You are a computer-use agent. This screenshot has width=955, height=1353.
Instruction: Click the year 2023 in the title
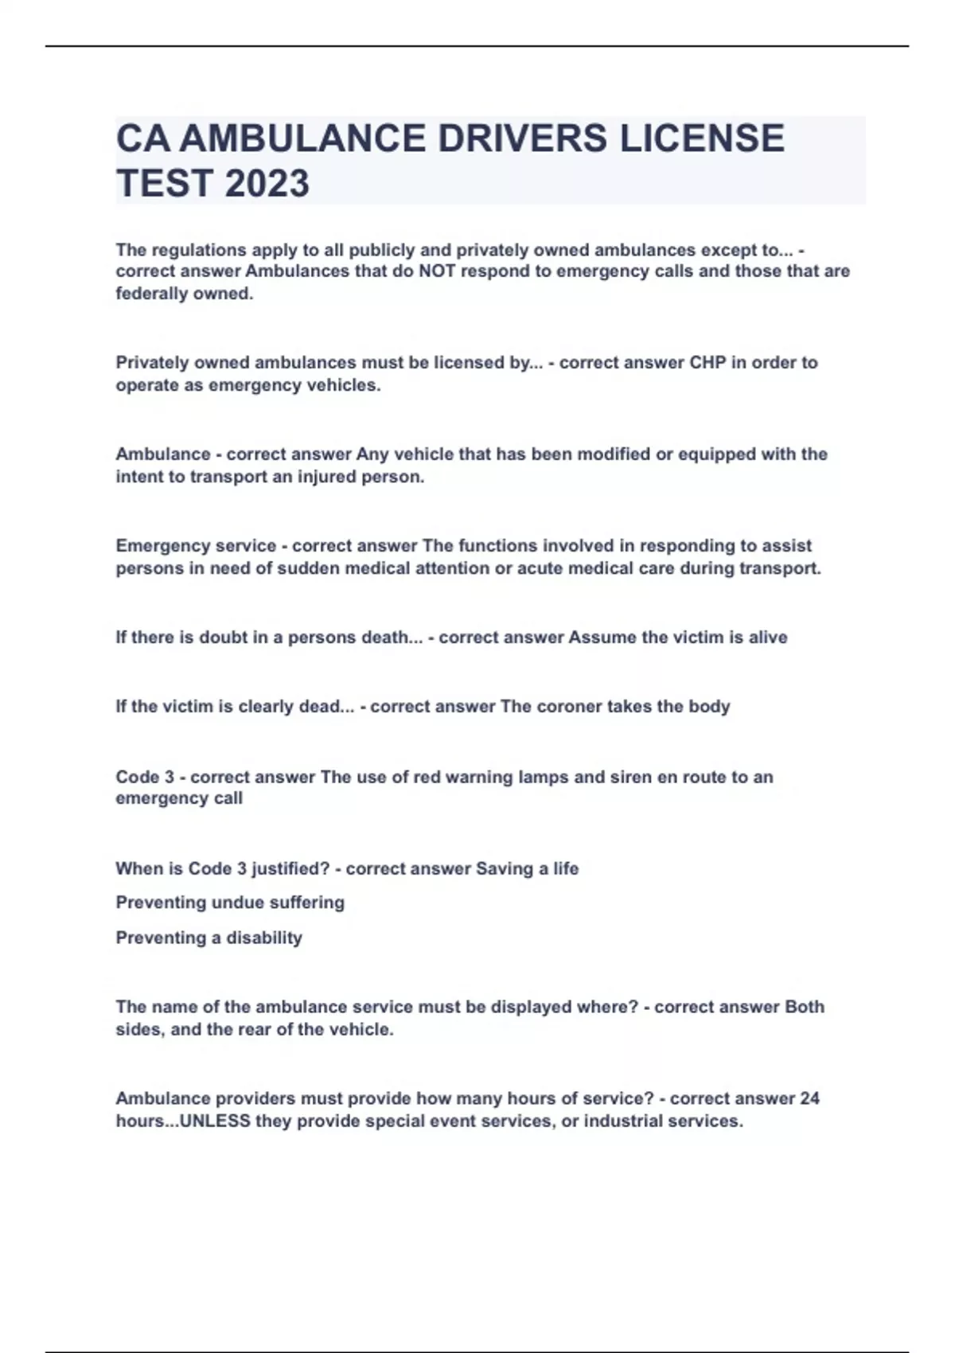pos(267,183)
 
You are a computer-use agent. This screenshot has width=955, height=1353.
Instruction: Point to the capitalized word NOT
pos(437,271)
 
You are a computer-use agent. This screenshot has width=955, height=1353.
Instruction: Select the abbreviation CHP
pos(707,363)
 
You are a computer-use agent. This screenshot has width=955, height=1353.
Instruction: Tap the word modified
pos(614,454)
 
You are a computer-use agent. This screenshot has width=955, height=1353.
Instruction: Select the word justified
pos(290,869)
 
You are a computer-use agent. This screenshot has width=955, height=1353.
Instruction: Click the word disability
pos(263,938)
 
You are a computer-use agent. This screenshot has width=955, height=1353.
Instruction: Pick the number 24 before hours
pos(809,1099)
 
